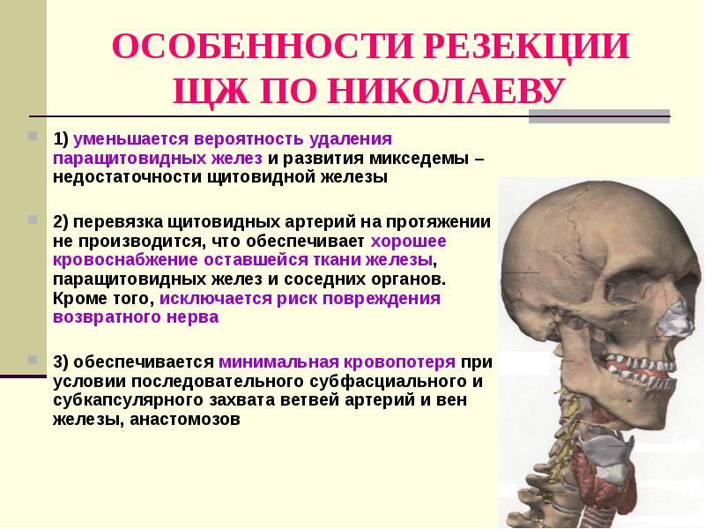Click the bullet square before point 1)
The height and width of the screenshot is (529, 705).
tap(33, 138)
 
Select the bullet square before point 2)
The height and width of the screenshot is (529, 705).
tap(33, 216)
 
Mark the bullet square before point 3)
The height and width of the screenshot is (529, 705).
tap(33, 359)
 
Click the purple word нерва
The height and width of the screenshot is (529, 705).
tap(189, 318)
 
